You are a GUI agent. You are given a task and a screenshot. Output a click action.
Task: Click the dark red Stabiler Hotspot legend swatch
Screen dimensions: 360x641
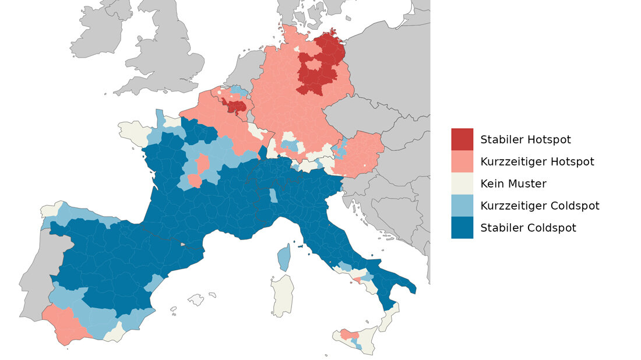point(462,139)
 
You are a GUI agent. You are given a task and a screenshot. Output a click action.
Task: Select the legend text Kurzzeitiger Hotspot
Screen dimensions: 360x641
point(537,161)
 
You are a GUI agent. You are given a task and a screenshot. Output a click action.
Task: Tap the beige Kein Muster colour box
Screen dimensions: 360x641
point(462,183)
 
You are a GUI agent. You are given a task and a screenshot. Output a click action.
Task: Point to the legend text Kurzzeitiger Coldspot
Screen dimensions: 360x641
point(540,206)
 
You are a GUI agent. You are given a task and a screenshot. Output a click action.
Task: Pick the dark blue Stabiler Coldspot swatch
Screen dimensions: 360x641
point(462,228)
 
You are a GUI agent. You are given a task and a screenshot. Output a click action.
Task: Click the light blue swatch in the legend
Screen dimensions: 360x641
point(462,206)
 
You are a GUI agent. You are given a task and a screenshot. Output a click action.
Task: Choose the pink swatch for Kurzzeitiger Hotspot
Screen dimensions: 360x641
point(462,161)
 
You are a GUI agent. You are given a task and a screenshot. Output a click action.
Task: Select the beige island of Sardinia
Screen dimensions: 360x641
point(283,296)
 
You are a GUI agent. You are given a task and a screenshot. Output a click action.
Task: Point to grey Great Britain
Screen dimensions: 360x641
point(169,58)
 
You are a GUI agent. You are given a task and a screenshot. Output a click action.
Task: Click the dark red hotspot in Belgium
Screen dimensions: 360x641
point(236,107)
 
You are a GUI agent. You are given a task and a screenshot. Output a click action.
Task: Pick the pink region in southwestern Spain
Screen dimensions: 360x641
point(64,323)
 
